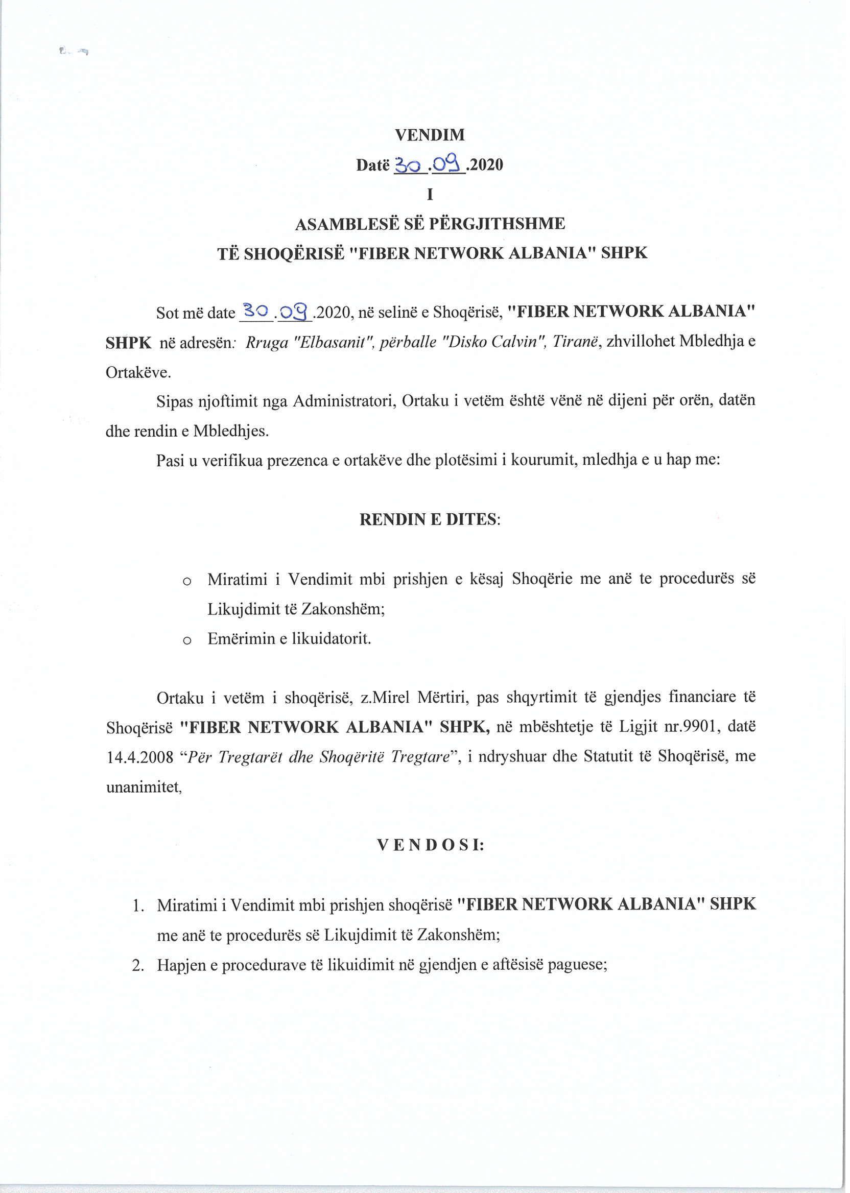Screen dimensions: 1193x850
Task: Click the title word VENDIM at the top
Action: [x=429, y=135]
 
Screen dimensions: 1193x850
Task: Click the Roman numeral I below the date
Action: [x=430, y=195]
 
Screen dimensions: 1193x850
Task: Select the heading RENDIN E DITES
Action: [x=429, y=519]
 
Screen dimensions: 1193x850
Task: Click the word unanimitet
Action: [x=143, y=788]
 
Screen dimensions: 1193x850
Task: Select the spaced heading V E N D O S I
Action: [x=430, y=846]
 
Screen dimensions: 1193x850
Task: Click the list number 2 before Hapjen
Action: [x=138, y=965]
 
